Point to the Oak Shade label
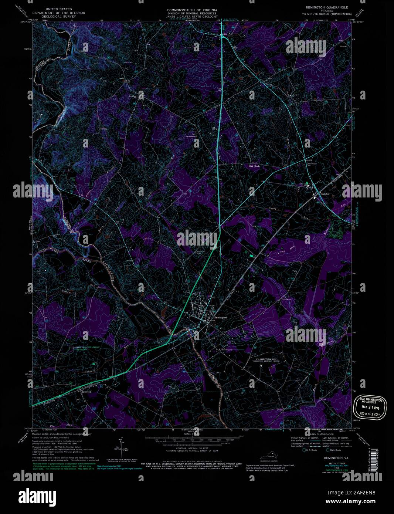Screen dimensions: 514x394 click(255, 166)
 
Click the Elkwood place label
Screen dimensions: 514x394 click(82, 391)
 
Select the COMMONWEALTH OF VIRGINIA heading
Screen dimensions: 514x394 click(192, 10)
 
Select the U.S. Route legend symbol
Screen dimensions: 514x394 click(304, 450)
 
